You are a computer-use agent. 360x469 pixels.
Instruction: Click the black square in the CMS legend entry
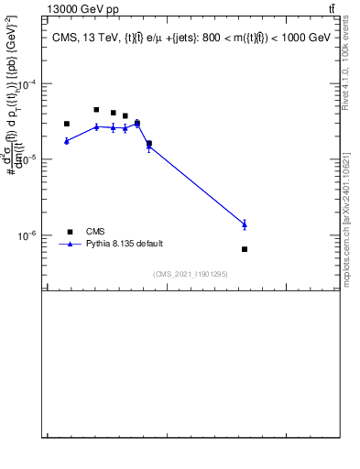click(70, 232)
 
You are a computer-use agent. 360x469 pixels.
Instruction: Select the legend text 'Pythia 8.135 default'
click(125, 245)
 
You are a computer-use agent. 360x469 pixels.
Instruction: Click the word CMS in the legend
click(95, 232)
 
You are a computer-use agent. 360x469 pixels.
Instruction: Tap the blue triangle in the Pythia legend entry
click(70, 244)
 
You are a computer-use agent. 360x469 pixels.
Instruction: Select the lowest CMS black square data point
click(245, 249)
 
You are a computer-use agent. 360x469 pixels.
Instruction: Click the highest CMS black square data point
click(96, 110)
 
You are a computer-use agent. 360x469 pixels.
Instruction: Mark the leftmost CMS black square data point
click(67, 124)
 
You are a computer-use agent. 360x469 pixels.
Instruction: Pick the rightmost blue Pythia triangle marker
click(245, 224)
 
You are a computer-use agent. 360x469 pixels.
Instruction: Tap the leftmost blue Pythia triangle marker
click(67, 140)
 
